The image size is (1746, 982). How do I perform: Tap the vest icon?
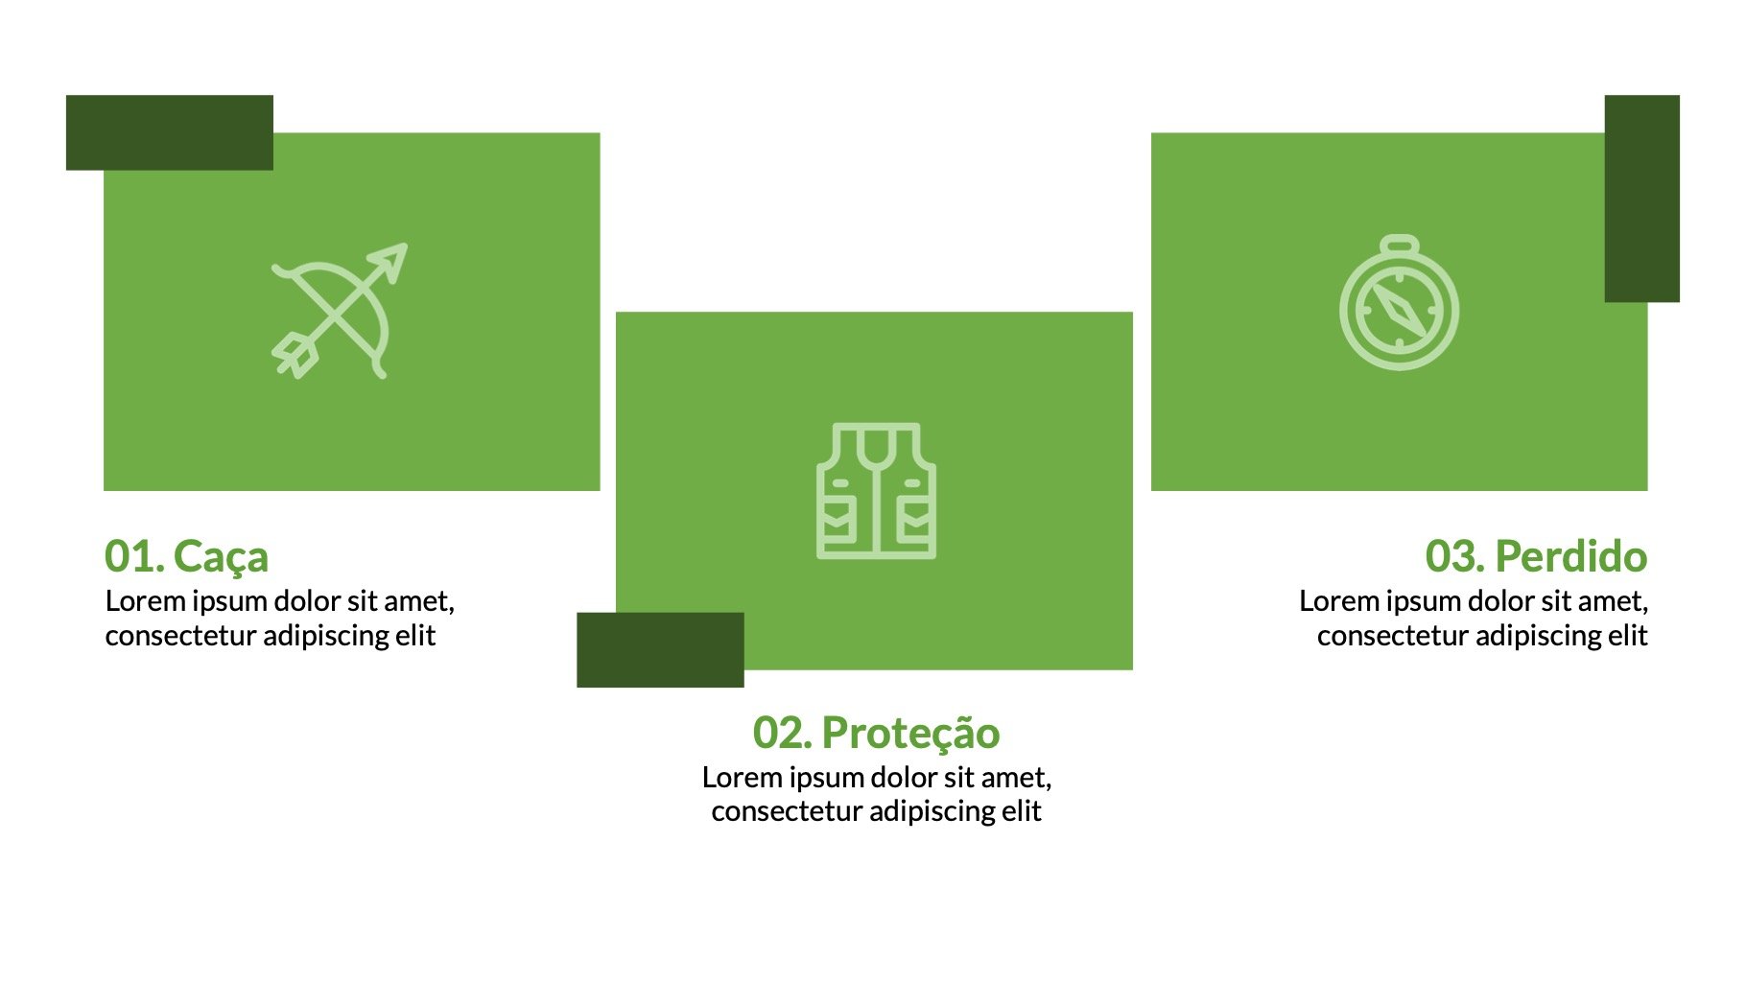tap(876, 491)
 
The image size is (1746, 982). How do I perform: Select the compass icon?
tap(1400, 302)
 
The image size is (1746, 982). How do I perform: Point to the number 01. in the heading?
tap(134, 557)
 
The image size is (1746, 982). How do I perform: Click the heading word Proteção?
tap(910, 735)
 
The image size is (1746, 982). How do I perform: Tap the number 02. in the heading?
tap(783, 734)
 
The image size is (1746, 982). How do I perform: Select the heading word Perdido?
tap(1571, 556)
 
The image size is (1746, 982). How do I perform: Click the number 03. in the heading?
tap(1456, 557)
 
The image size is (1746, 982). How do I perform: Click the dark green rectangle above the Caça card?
tap(170, 132)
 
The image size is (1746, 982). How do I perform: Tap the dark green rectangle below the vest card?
tap(660, 650)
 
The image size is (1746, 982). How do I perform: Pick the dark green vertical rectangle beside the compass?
tap(1642, 199)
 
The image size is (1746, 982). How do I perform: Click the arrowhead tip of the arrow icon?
tap(406, 245)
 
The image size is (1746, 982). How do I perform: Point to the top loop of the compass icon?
tap(1401, 246)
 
